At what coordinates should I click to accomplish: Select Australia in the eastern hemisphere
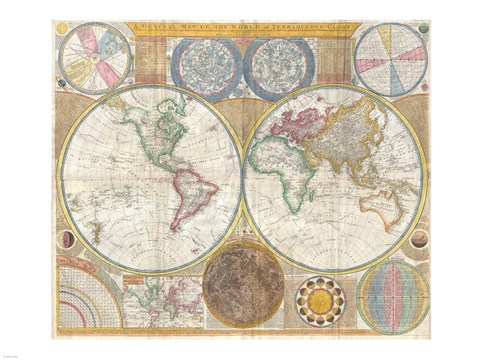[x=386, y=207]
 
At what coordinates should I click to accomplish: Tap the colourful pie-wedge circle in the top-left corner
[x=95, y=58]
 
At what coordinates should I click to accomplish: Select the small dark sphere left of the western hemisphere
[x=69, y=240]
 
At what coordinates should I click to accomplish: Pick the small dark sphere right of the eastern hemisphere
[x=418, y=239]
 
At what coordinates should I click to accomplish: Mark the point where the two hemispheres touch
[x=242, y=180]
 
